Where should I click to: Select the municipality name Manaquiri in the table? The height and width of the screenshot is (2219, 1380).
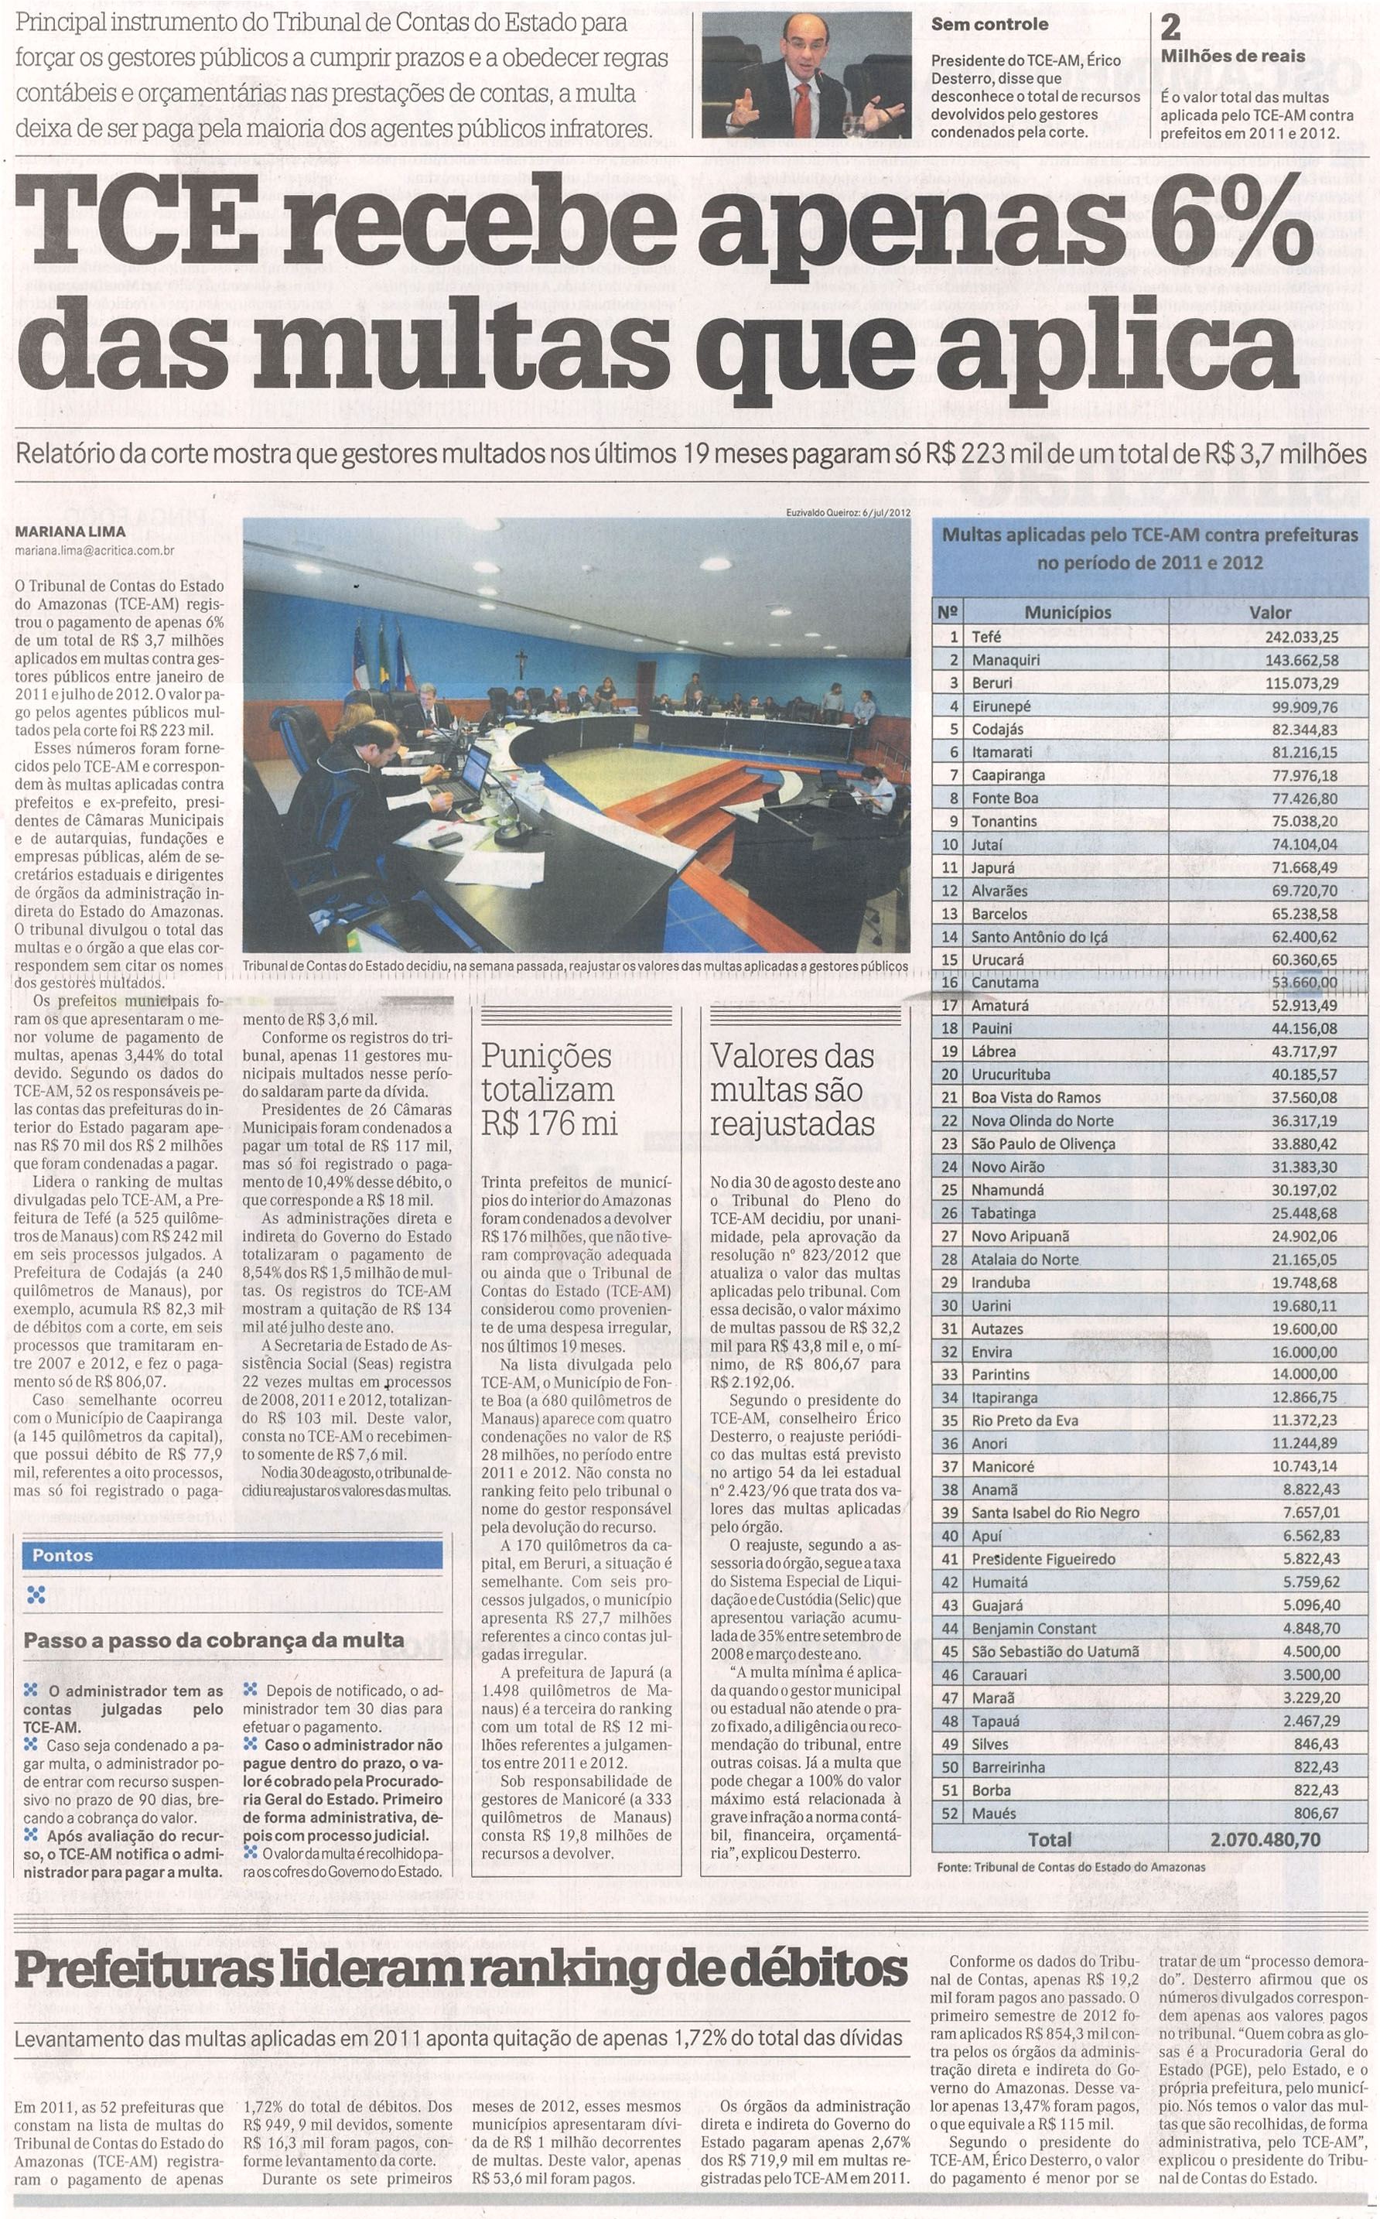[x=1006, y=659]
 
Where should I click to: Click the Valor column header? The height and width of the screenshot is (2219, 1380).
[x=1269, y=613]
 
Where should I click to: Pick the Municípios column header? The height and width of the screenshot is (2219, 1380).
[x=1067, y=613]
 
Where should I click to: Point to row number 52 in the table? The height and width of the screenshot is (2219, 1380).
[x=950, y=1813]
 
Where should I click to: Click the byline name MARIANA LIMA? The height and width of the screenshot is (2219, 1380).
[x=70, y=532]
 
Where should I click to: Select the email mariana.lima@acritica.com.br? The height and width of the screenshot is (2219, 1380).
[x=94, y=549]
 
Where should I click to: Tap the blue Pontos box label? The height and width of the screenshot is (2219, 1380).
[x=62, y=1554]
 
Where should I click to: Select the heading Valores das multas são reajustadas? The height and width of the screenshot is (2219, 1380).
[x=791, y=1089]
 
